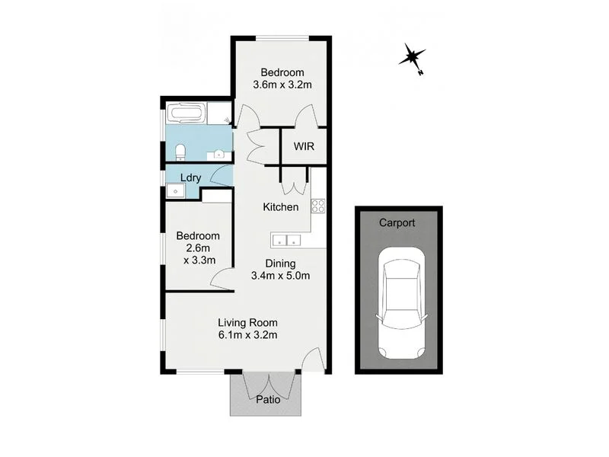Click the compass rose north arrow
click(412, 56)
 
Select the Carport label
click(397, 223)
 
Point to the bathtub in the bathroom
click(186, 114)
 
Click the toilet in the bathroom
click(180, 152)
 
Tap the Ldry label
click(190, 178)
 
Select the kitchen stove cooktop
click(318, 205)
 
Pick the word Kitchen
click(280, 207)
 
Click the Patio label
click(267, 399)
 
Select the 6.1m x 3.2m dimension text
click(247, 334)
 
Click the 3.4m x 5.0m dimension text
click(280, 276)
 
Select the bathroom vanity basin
click(219, 154)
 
